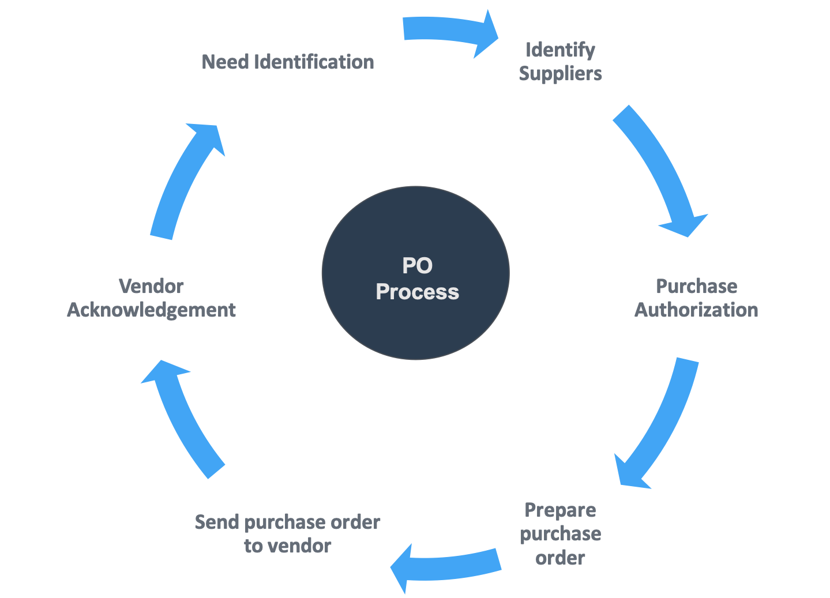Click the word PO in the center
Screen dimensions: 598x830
(417, 266)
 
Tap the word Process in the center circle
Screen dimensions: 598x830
(417, 292)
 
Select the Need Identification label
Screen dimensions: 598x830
(288, 62)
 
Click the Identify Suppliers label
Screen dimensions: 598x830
(560, 62)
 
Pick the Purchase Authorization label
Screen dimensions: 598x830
(696, 298)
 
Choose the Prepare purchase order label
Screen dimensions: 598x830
(560, 534)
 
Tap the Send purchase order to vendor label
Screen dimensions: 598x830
(287, 534)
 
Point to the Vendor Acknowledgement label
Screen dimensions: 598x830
(151, 298)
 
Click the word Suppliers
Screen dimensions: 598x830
(560, 74)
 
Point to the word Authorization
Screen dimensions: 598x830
(696, 310)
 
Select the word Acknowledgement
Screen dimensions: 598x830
(151, 310)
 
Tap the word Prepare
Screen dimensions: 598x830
(560, 510)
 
